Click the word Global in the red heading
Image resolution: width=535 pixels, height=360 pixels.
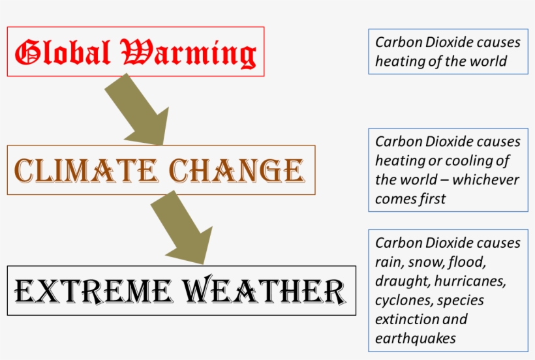[63, 53]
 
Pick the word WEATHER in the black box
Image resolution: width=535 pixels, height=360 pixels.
[269, 291]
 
